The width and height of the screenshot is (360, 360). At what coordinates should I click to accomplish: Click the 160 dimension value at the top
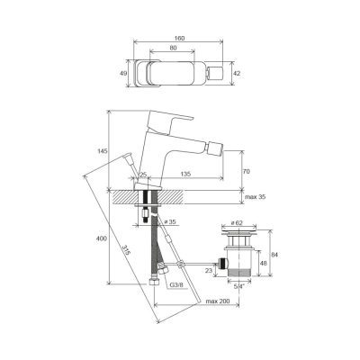tap(180, 38)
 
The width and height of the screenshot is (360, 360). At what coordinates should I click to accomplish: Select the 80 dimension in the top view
tap(173, 48)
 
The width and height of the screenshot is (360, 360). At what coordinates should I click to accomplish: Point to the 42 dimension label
tap(237, 74)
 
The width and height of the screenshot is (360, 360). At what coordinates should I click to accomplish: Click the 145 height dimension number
tap(103, 151)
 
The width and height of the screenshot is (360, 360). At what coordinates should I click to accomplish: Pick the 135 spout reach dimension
tap(185, 174)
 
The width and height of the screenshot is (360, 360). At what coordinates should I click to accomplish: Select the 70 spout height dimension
tap(246, 172)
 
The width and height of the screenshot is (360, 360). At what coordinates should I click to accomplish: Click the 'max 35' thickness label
tap(255, 197)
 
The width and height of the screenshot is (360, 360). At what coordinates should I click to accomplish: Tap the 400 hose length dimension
tap(102, 238)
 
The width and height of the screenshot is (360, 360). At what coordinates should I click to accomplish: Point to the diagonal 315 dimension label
tap(127, 250)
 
